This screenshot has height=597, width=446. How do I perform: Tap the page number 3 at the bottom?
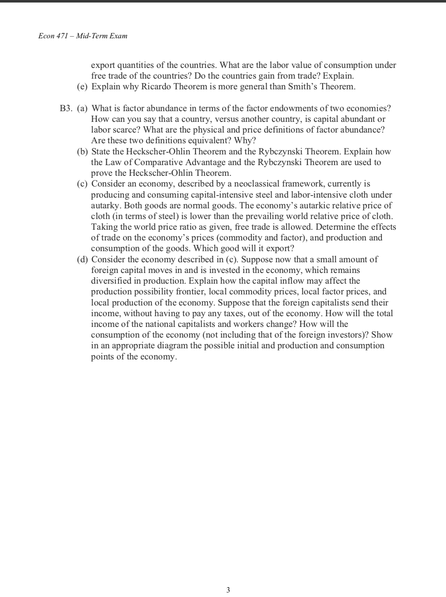(228, 590)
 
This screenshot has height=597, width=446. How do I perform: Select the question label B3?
(66, 109)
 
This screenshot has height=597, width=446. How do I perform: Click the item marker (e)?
(83, 87)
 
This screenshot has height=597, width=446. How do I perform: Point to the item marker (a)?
(83, 109)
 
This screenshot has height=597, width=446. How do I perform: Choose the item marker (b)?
(83, 152)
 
